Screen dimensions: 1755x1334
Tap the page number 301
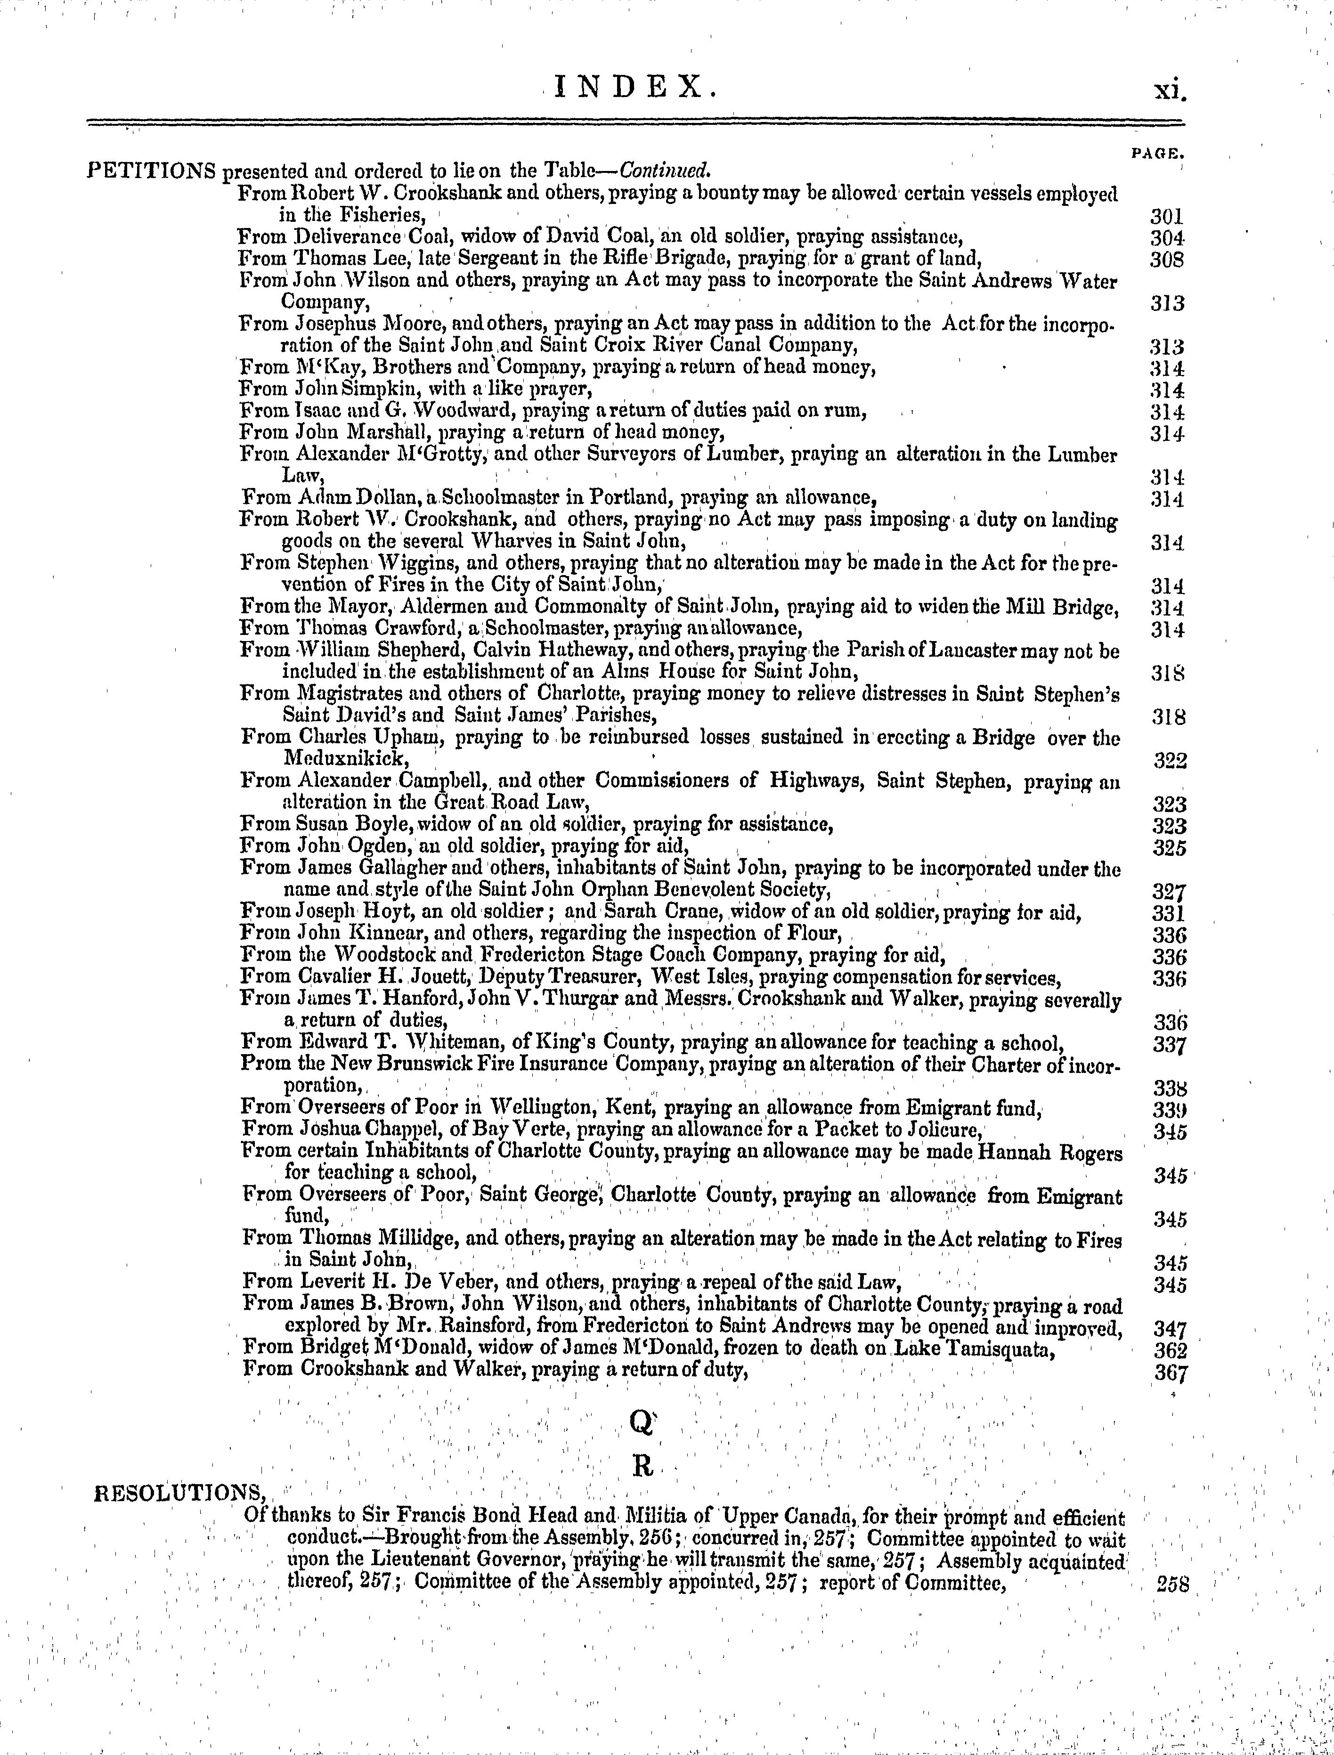(x=1166, y=215)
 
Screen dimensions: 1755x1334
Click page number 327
(x=1169, y=891)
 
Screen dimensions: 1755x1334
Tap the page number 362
(x=1171, y=1351)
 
